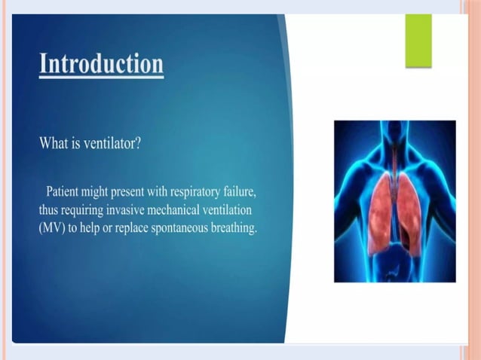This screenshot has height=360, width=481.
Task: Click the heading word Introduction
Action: [x=101, y=63]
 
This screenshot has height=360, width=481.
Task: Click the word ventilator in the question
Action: [x=109, y=145]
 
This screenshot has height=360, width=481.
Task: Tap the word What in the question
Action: [x=54, y=145]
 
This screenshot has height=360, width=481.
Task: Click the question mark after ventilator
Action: [x=137, y=145]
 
